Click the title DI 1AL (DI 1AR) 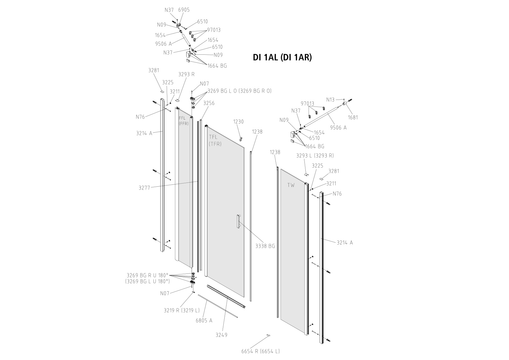pos(282,58)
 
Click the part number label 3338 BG pos(265,246)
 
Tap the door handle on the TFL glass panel pos(238,221)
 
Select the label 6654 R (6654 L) pos(260,351)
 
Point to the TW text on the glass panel pos(291,185)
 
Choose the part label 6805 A pos(204,320)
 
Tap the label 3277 pos(144,188)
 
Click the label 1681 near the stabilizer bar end pos(353,117)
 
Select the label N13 pos(330,100)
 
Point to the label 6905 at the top pos(184,10)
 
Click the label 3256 pos(209,103)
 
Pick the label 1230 pos(238,121)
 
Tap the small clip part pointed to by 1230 pos(241,139)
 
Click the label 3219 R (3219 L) pos(182,310)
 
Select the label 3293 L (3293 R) pos(315,156)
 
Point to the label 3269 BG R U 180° pos(147,275)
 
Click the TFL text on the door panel pos(213,137)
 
